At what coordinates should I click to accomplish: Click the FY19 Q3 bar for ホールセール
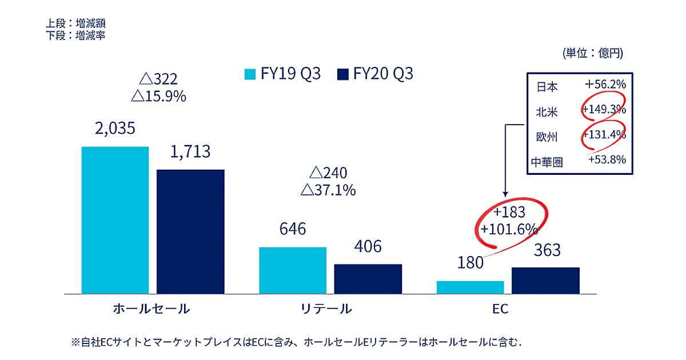coord(115,220)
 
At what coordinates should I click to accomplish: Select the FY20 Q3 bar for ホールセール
coord(190,231)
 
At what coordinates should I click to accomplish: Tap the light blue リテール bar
coord(292,270)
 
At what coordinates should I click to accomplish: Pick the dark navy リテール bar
coord(368,279)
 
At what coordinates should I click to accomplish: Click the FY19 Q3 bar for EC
coord(470,287)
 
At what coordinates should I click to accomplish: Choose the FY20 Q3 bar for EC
coord(545,280)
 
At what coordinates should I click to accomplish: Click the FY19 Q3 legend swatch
coord(250,74)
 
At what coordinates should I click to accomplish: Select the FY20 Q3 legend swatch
coord(343,74)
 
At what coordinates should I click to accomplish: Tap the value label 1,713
coord(190,151)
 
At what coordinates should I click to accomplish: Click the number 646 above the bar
coord(292,229)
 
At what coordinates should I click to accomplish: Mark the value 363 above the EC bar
coord(545,250)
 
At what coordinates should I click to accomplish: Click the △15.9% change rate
coord(159,96)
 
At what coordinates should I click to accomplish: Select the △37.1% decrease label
coord(328,190)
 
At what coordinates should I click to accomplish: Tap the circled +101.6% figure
coord(509,230)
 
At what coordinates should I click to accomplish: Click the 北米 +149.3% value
coord(605,110)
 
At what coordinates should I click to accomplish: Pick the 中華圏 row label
coord(547,162)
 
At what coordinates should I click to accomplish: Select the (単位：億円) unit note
coord(593,54)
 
